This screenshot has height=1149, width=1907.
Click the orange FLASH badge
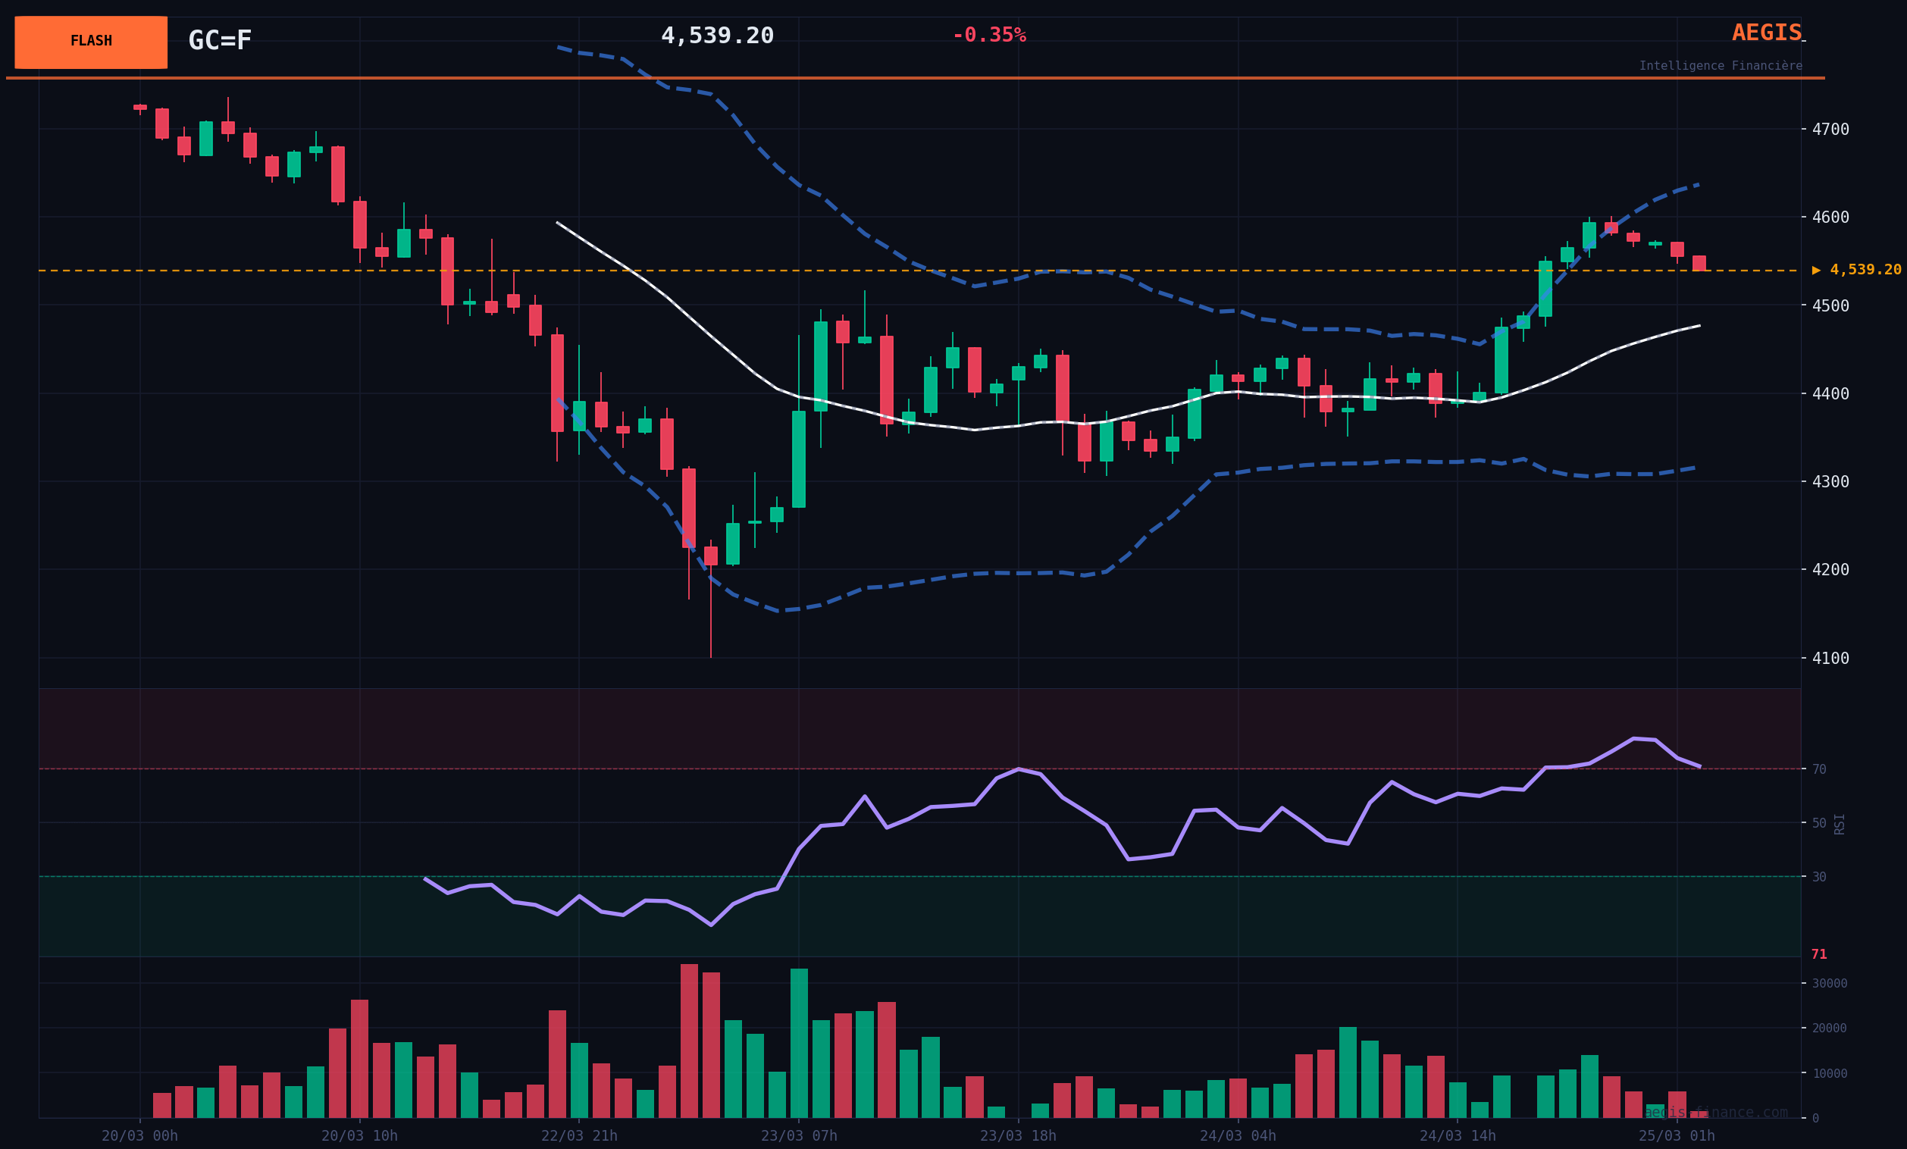tap(90, 42)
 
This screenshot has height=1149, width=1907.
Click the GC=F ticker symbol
tap(220, 40)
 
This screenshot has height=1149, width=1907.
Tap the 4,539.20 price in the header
tap(717, 36)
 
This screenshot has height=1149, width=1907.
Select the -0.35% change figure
tap(988, 36)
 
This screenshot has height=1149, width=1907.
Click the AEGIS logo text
tap(1766, 33)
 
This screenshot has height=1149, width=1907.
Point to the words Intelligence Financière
tap(1720, 66)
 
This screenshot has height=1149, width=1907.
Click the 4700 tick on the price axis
tap(1830, 129)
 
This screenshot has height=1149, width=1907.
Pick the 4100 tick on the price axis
tap(1830, 659)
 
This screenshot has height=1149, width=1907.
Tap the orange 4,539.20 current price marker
tap(1858, 270)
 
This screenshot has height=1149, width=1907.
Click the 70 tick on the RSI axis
tap(1819, 769)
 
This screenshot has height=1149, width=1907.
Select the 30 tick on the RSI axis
tap(1819, 877)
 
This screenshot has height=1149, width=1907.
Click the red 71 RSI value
tap(1819, 954)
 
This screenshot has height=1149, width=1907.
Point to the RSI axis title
tap(1839, 823)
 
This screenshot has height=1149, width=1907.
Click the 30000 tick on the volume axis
tap(1829, 984)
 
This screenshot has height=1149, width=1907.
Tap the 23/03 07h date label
tap(799, 1136)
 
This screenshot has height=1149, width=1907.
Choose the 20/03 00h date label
tap(139, 1136)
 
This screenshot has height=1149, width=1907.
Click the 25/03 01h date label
tap(1677, 1136)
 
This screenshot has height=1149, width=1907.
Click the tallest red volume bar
tap(689, 1041)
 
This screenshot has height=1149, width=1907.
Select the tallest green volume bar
tap(799, 1043)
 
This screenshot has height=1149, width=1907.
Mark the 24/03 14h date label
tap(1458, 1136)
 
